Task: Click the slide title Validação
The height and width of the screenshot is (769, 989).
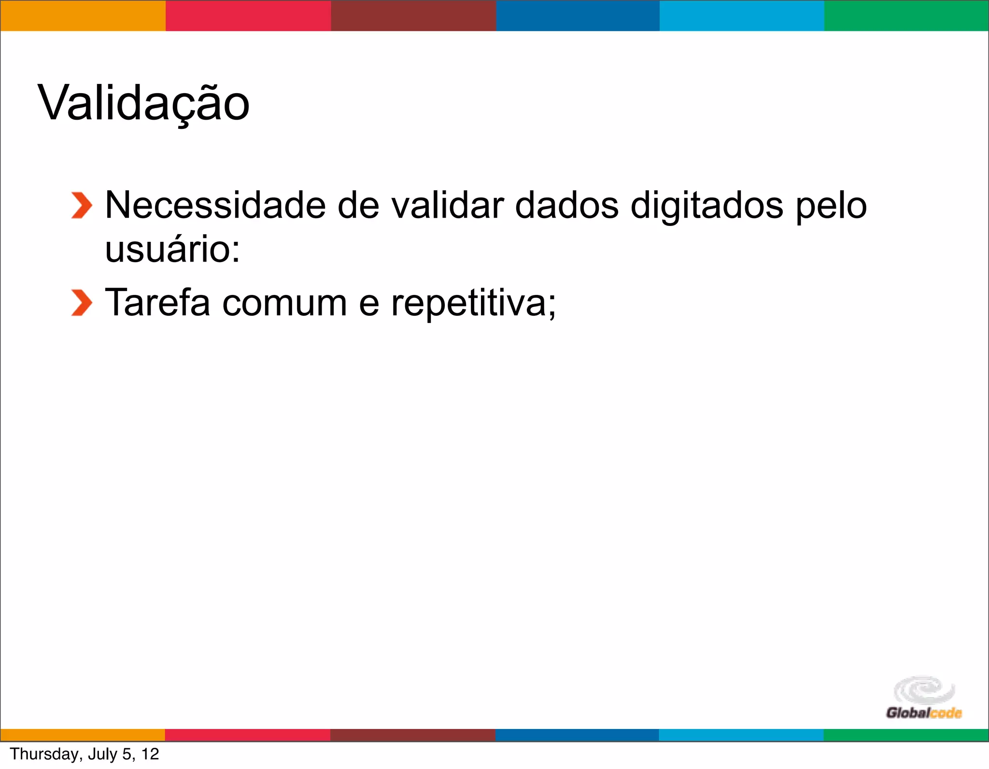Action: [x=143, y=103]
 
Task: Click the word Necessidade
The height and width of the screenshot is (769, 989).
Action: [x=215, y=205]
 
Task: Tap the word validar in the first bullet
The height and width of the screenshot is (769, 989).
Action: [x=447, y=205]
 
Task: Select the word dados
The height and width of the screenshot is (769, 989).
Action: [x=567, y=205]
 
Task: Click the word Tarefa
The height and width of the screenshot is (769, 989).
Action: [x=157, y=303]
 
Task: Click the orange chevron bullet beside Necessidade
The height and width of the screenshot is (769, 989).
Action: [x=81, y=206]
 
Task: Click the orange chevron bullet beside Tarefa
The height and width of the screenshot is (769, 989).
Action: [x=81, y=303]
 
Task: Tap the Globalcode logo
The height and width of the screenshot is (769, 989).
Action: [x=924, y=698]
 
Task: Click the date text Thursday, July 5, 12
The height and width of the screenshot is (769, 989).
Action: [x=85, y=754]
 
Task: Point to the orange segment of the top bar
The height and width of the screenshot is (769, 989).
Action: [x=83, y=15]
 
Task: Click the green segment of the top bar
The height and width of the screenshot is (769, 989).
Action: [x=906, y=15]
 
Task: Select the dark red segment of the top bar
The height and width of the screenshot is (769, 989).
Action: [x=413, y=15]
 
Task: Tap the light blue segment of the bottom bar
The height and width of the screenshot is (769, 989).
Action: [x=741, y=735]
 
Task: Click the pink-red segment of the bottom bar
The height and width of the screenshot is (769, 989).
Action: [x=248, y=735]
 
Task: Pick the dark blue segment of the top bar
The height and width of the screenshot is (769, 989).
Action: [x=578, y=15]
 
